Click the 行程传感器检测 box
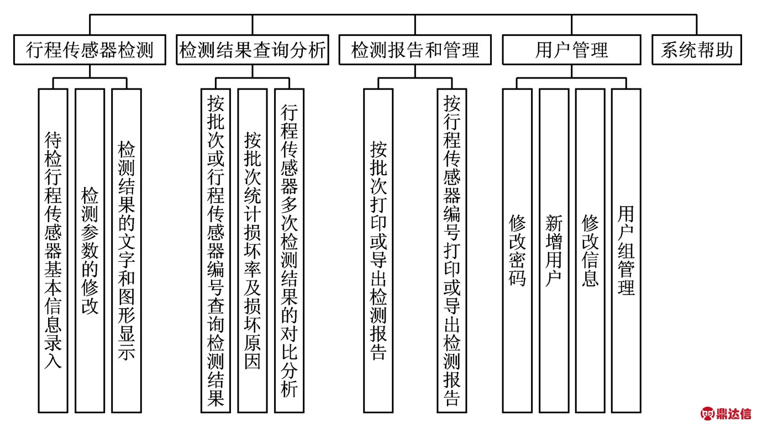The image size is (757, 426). point(90,50)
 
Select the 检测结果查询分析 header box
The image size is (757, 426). point(253,50)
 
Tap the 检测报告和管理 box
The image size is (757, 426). point(415,50)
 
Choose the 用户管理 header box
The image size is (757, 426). point(571,50)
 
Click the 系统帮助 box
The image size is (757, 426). point(697,50)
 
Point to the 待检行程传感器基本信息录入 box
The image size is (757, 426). point(53,251)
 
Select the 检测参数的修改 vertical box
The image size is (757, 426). point(90,251)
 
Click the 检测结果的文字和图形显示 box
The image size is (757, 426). point(127,251)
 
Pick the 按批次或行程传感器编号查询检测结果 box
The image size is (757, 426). point(215,251)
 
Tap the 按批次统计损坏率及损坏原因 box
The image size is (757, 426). point(253,251)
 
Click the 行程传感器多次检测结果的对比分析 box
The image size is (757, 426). point(290,251)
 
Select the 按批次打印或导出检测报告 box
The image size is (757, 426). point(378,251)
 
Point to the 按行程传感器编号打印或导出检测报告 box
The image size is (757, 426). point(452,251)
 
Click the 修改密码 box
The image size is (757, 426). point(517,251)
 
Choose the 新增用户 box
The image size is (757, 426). point(554,251)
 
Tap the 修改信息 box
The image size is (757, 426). point(590,251)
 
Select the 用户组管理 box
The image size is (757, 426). point(626,251)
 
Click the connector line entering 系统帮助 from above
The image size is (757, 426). point(697,25)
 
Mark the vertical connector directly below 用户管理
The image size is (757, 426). point(571,71)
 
